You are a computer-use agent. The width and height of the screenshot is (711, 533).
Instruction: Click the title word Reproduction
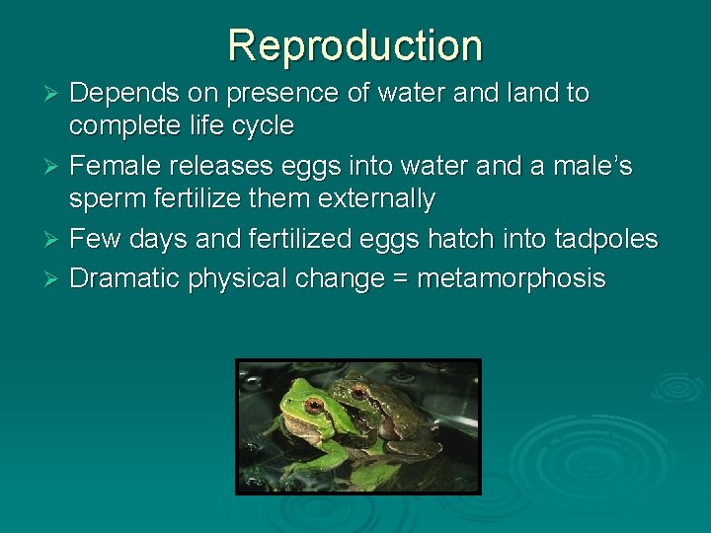click(355, 45)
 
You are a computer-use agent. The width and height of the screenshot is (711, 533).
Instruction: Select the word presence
click(276, 94)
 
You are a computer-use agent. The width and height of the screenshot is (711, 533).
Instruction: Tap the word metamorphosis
click(511, 279)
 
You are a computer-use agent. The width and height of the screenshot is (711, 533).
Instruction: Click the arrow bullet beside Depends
click(56, 95)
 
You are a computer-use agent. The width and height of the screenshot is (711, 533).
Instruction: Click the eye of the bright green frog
click(314, 405)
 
